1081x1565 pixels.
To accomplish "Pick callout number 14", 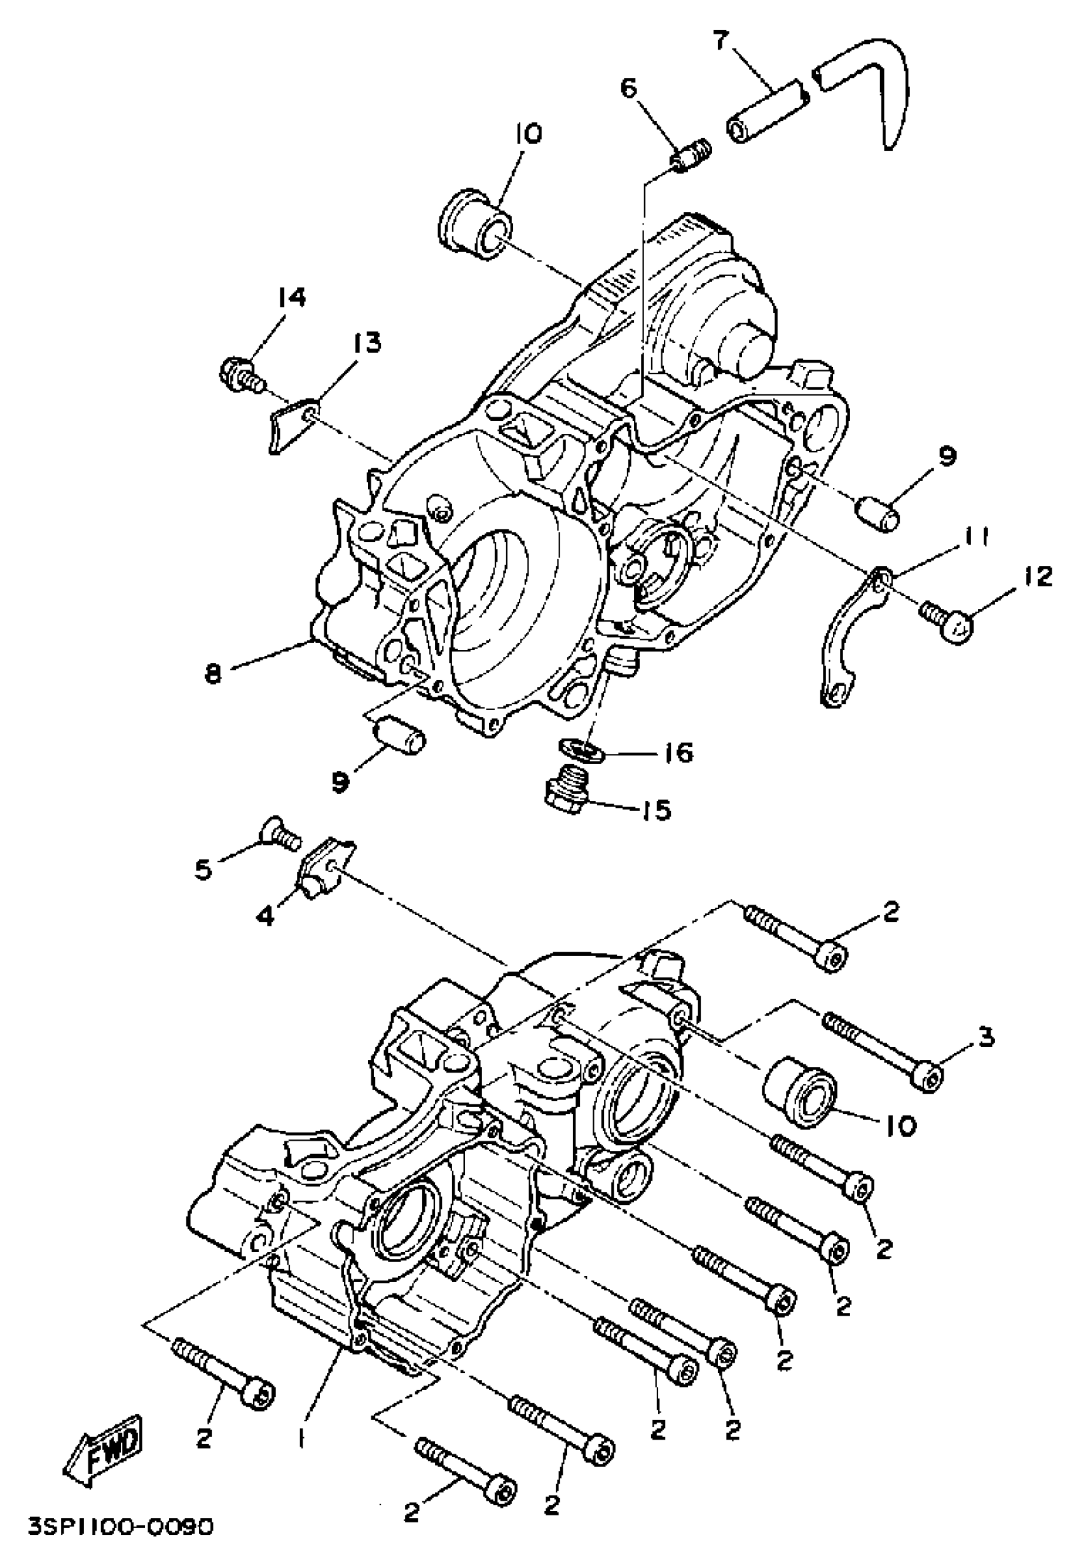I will click(x=291, y=298).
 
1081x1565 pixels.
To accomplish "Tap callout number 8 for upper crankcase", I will click(x=214, y=674).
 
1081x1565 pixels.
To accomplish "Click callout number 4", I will click(x=266, y=917).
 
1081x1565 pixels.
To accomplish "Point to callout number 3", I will click(x=986, y=1037).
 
